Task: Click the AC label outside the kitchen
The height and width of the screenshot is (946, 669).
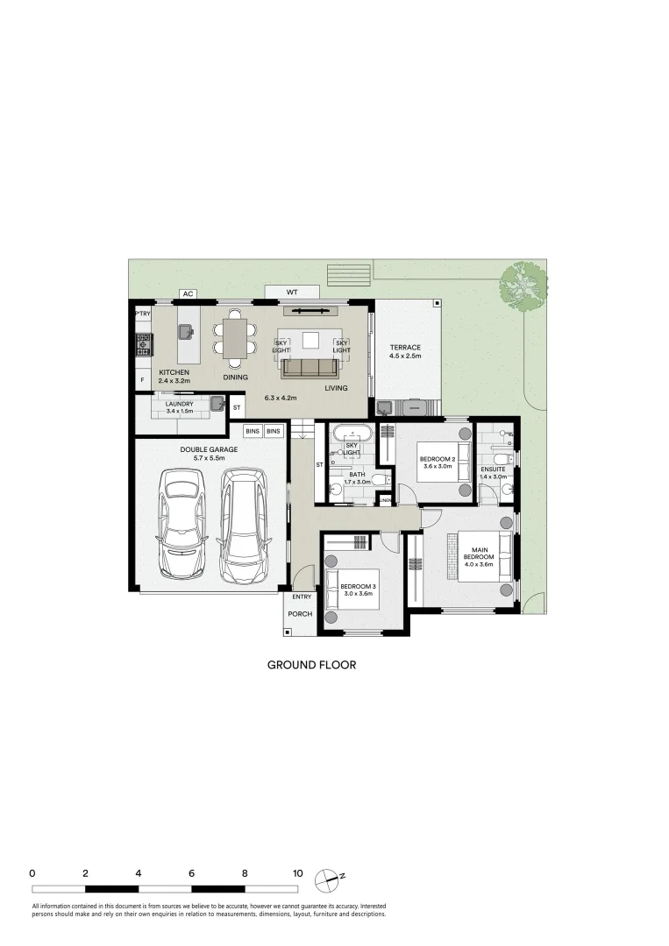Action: tap(186, 293)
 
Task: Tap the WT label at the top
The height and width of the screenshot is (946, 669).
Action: tap(292, 292)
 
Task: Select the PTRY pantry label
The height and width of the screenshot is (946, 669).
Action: tap(142, 313)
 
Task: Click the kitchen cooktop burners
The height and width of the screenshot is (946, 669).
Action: tap(143, 344)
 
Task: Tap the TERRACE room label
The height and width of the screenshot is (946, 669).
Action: tap(405, 348)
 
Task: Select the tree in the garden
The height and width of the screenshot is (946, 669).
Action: tap(523, 285)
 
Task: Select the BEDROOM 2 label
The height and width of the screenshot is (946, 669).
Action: tap(436, 459)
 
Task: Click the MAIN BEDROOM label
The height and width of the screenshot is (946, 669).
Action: tap(479, 553)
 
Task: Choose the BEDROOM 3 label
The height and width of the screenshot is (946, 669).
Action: tap(357, 586)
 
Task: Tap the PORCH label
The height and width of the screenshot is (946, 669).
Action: tap(300, 614)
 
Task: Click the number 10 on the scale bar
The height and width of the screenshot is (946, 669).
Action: tap(297, 873)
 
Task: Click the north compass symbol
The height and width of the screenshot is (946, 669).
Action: tap(327, 876)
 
